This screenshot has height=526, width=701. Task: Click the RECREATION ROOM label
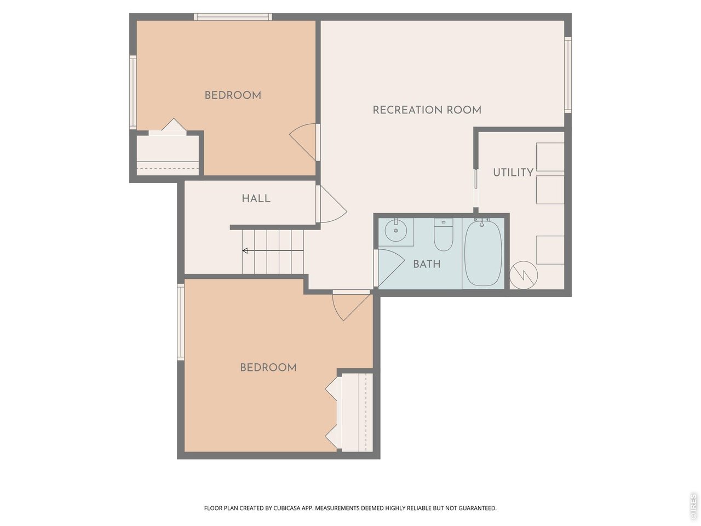[x=427, y=110]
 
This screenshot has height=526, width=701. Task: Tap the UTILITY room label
[x=513, y=173]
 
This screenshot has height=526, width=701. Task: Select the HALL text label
[x=256, y=198]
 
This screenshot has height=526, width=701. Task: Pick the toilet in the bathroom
[x=443, y=234]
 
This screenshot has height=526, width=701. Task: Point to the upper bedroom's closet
[x=167, y=153]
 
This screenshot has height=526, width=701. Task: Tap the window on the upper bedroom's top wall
[x=233, y=17]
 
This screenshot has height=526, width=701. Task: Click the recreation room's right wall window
[x=568, y=74]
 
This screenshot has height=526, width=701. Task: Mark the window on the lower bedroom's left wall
[x=181, y=322]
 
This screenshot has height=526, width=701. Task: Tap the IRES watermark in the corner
[x=693, y=506]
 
